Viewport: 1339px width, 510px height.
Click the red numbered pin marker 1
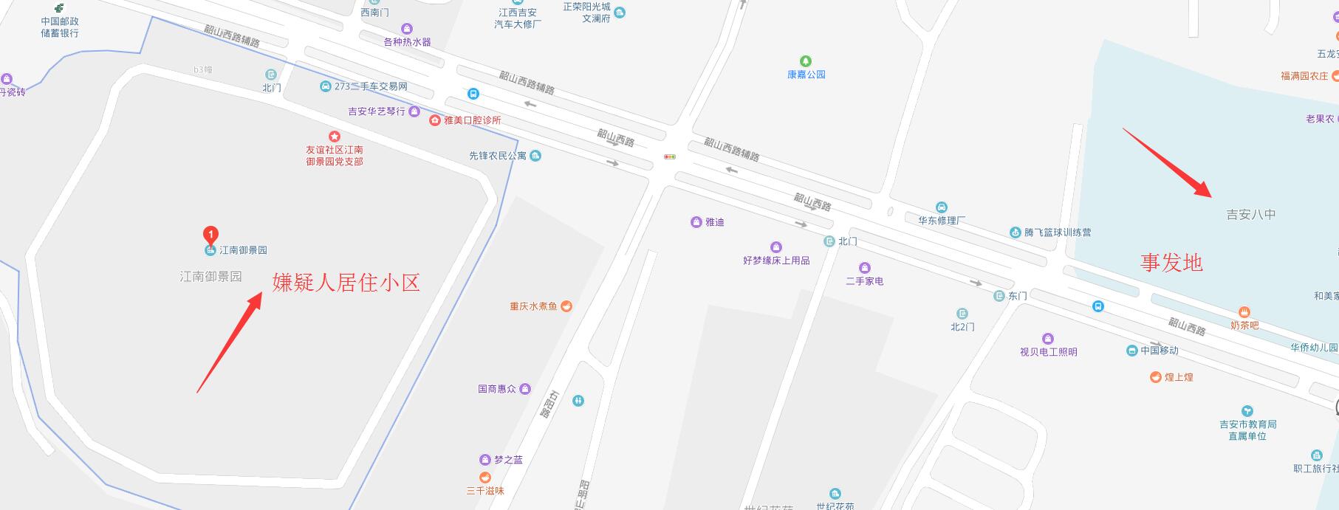click(210, 235)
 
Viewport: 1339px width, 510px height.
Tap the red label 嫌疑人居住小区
click(346, 282)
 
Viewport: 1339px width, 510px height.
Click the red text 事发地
click(1171, 262)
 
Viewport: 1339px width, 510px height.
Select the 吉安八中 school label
click(1250, 215)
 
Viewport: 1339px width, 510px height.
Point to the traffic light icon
click(670, 156)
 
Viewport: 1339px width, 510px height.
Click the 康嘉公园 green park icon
click(806, 61)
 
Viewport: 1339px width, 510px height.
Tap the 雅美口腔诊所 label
click(472, 120)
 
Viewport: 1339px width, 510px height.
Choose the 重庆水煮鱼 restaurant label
click(533, 306)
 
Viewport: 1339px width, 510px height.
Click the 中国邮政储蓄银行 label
click(60, 27)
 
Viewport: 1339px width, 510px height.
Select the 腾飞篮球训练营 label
click(1057, 232)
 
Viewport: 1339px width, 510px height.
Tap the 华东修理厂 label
click(942, 220)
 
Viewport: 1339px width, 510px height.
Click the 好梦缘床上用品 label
click(776, 261)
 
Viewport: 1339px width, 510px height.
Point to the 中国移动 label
click(1159, 351)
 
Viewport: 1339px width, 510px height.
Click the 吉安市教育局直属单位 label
click(1247, 430)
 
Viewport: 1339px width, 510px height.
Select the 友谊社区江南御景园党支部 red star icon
click(334, 137)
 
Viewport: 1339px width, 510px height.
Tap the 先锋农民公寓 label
click(498, 156)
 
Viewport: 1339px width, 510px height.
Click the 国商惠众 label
click(497, 389)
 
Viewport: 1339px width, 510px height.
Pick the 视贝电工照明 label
click(1048, 352)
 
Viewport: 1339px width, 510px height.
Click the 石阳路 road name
click(547, 404)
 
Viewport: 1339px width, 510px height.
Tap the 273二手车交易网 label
click(370, 86)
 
